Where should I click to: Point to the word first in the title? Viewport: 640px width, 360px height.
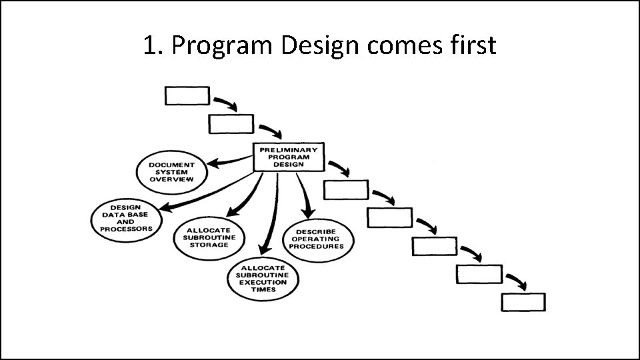click(474, 45)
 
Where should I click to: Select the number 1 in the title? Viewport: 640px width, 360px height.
click(150, 45)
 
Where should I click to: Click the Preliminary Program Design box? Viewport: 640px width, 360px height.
click(289, 157)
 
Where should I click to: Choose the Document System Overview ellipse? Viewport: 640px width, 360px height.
click(172, 172)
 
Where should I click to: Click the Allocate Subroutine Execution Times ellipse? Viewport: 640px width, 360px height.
click(263, 277)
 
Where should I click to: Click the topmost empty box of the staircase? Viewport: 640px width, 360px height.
click(187, 96)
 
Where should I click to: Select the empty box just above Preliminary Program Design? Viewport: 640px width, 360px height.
click(231, 124)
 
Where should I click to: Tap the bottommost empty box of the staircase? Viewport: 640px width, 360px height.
click(523, 302)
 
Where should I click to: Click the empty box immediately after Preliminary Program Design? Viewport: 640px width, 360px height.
click(346, 190)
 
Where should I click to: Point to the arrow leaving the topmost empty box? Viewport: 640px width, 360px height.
click(225, 103)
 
